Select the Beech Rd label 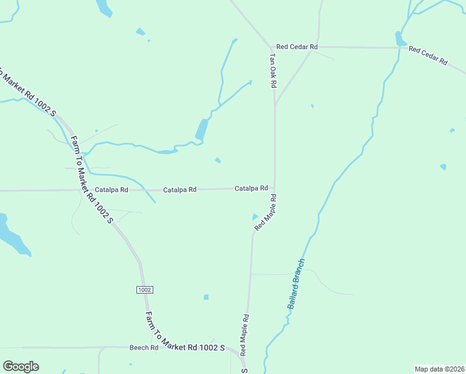coord(144,347)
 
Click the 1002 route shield coord(144,290)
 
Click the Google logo coord(21,367)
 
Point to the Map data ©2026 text coord(439,369)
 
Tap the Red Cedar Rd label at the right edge coord(428,55)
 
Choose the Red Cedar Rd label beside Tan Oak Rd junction coord(297,47)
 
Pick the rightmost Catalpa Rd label coord(251,188)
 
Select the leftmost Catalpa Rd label coord(112,189)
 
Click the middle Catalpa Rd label coord(180,189)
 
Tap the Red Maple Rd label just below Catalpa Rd coord(265,213)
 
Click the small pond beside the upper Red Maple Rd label coord(254,217)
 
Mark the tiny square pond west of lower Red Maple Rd coord(206,297)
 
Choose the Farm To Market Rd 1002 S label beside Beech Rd coord(184,331)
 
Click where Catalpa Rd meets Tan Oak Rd coord(275,188)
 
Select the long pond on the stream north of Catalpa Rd coord(201,130)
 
